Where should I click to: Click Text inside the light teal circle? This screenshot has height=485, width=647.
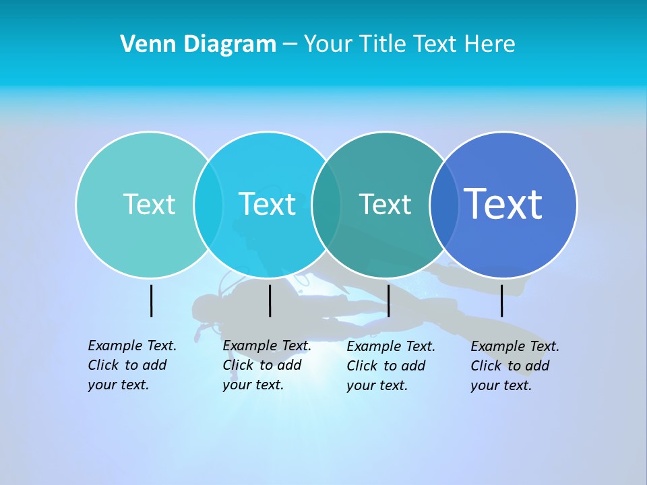[x=149, y=204]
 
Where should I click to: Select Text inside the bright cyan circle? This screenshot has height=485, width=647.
[x=267, y=204]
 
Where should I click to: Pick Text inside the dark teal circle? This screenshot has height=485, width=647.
[x=385, y=204]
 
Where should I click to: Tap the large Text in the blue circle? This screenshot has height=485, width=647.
[x=503, y=204]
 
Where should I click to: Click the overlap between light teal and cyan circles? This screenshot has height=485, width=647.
[x=208, y=204]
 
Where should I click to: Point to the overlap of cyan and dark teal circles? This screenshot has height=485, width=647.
[x=326, y=204]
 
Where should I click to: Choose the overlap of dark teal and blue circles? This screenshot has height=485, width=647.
[x=444, y=204]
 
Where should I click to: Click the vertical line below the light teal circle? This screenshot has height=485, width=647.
[x=152, y=300]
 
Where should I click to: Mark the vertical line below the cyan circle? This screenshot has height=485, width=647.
[x=270, y=300]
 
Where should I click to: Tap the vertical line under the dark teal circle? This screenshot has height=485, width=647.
[x=389, y=300]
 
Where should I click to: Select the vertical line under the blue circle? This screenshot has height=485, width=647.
[x=502, y=300]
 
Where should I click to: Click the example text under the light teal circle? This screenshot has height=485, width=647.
[x=131, y=365]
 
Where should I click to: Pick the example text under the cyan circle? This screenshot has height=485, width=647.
[x=266, y=365]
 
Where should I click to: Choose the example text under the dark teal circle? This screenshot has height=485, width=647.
[x=390, y=366]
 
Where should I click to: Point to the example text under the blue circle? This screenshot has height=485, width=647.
[x=514, y=366]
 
